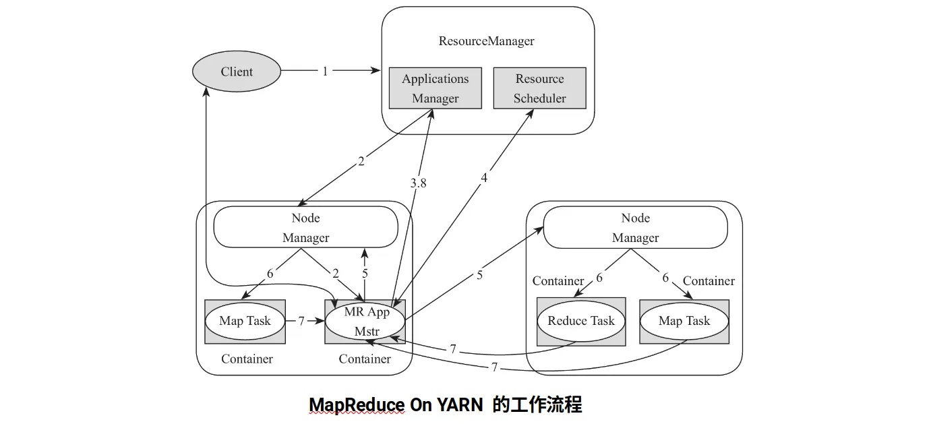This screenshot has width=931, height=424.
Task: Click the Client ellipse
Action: coord(237,71)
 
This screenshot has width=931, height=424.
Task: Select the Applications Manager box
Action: coord(435,88)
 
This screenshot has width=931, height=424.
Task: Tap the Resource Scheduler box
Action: coord(539,88)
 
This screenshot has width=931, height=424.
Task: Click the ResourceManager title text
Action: coord(486,40)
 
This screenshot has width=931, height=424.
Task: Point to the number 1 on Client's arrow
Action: coord(325,71)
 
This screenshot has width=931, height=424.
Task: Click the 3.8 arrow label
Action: coord(418,183)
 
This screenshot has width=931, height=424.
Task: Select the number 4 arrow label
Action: coord(484,178)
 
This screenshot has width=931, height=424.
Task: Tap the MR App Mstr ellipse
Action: coord(365,321)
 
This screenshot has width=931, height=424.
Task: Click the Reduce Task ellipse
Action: coord(580,321)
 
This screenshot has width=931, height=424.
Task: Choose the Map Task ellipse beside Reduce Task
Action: coord(684,321)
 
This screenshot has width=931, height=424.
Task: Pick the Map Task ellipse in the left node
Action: coord(245,321)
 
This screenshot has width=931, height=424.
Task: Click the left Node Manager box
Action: coord(305,227)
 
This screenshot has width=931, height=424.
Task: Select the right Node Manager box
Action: coord(635,227)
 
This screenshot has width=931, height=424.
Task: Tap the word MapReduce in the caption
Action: coord(357,405)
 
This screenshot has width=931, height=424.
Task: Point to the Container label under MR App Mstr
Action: coord(365,359)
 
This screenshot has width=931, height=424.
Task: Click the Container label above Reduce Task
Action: coord(558,280)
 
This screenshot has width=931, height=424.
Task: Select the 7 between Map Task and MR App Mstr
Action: coord(301,321)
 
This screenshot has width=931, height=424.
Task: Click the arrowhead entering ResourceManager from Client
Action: coord(376,71)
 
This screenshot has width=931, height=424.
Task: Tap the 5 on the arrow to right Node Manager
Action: coord(479,275)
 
